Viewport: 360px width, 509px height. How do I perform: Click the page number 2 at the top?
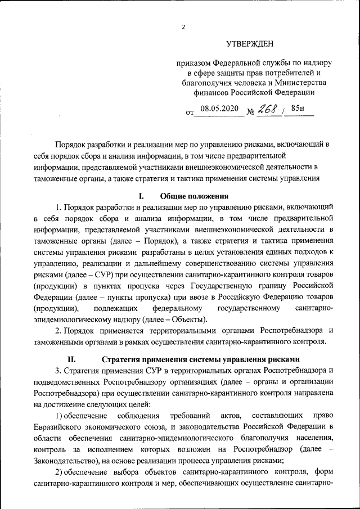[183, 27]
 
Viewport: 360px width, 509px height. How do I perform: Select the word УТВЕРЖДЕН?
[253, 44]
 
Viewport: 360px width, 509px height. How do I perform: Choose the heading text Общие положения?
[195, 196]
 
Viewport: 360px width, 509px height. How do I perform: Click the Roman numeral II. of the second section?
[71, 359]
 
